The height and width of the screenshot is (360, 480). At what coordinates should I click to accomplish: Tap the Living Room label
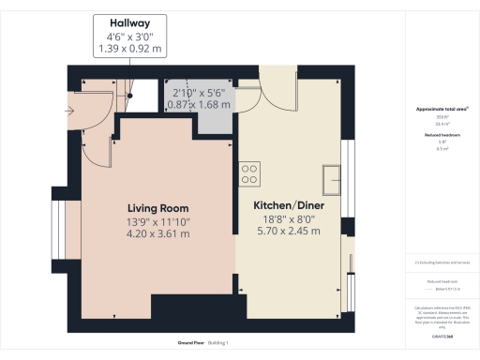[158, 208]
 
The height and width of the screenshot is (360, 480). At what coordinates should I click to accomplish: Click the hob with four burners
[249, 173]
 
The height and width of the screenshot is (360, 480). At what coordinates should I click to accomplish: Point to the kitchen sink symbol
[332, 175]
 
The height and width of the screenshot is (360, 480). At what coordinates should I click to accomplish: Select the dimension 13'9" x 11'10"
[158, 221]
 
